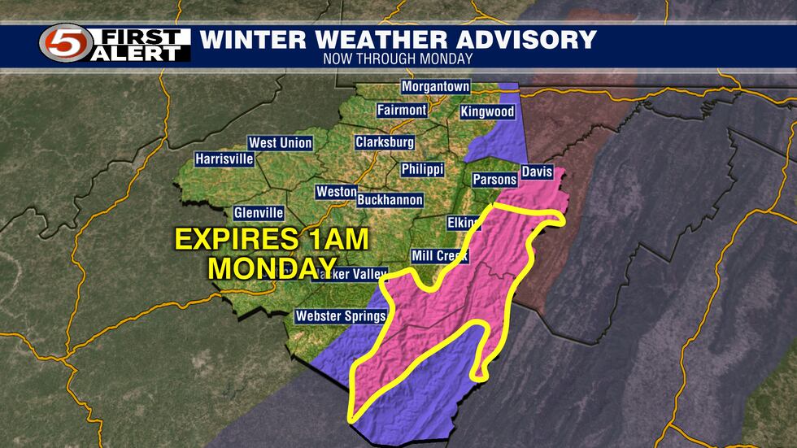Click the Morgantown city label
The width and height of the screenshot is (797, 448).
tap(435, 87)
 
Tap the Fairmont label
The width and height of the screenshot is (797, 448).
tap(402, 110)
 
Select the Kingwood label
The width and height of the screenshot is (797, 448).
tap(487, 111)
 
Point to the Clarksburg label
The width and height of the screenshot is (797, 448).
tap(385, 142)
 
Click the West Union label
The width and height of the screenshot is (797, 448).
tap(280, 143)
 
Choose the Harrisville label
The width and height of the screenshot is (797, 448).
tap(224, 159)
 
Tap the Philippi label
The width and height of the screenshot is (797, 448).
tap(422, 169)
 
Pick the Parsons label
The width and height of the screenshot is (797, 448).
tap(494, 180)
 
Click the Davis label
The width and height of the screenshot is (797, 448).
tap(537, 172)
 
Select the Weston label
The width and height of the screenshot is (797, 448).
tap(336, 192)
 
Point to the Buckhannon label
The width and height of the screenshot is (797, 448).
tap(390, 199)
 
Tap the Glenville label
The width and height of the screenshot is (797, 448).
tap(259, 212)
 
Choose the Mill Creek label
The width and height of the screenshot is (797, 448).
tap(440, 256)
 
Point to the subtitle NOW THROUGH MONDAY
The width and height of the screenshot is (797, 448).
tap(398, 59)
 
